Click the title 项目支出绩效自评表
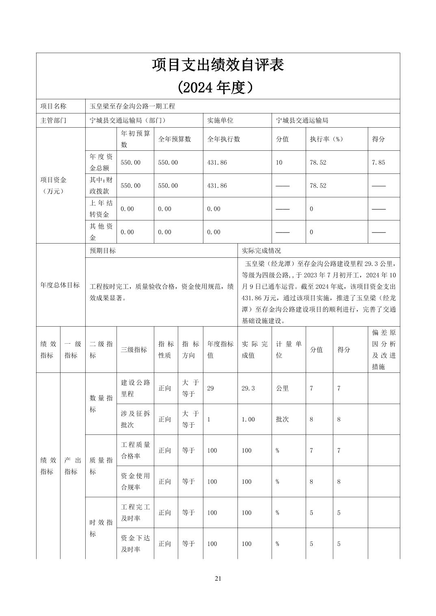click(218, 65)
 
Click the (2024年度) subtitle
click(218, 87)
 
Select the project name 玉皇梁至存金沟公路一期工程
click(132, 106)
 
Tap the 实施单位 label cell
click(220, 120)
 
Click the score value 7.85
click(378, 163)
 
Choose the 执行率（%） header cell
click(326, 139)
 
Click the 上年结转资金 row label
click(101, 209)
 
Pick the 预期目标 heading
click(103, 250)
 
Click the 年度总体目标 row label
click(60, 285)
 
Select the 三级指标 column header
click(134, 349)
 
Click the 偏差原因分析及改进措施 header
click(384, 349)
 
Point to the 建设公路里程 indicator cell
click(136, 388)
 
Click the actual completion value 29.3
click(248, 388)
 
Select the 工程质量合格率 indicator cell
click(136, 450)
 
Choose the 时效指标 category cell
click(101, 528)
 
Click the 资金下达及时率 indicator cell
click(136, 543)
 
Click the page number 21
click(218, 578)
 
